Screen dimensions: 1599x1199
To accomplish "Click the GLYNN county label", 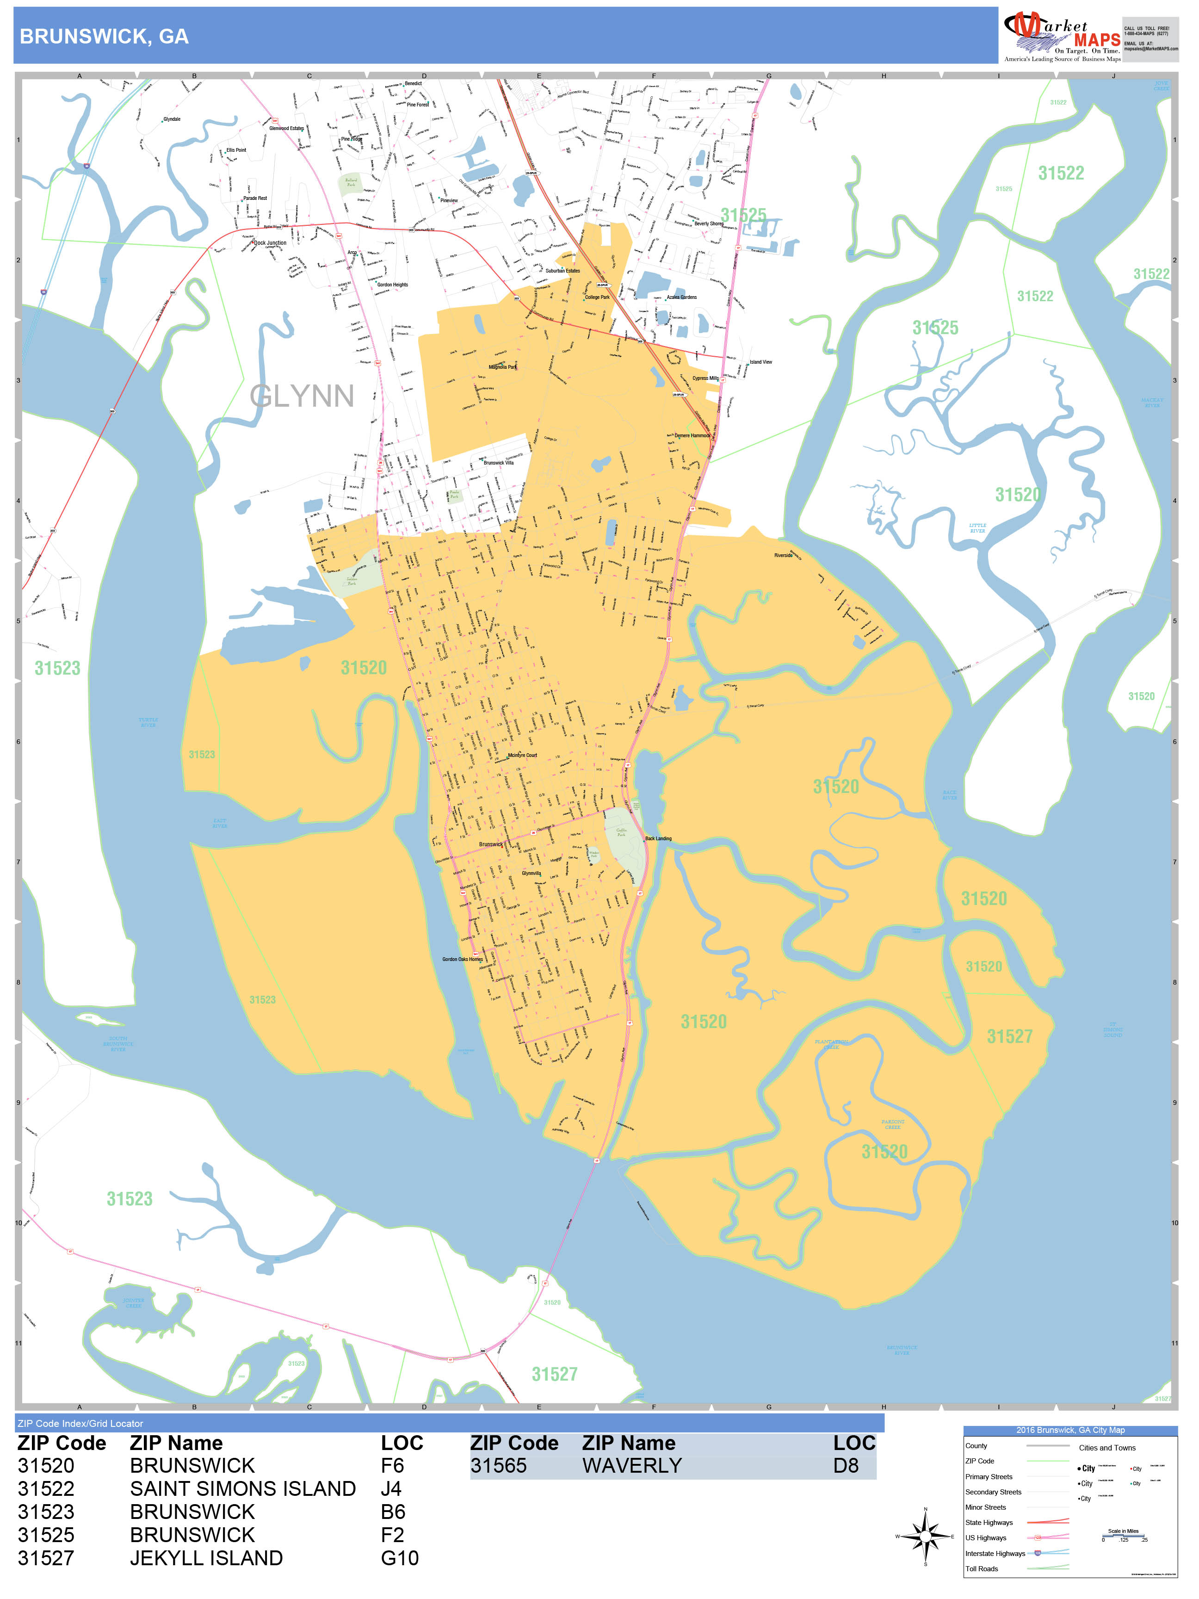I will pos(302,396).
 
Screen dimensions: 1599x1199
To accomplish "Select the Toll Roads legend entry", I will pos(982,1568).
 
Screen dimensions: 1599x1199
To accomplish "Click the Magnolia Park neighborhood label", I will pos(502,367).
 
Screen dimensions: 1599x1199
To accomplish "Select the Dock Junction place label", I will pos(270,243).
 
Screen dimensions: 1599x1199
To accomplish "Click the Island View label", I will pos(760,362).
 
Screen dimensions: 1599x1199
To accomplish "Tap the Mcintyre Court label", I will pos(522,756).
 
